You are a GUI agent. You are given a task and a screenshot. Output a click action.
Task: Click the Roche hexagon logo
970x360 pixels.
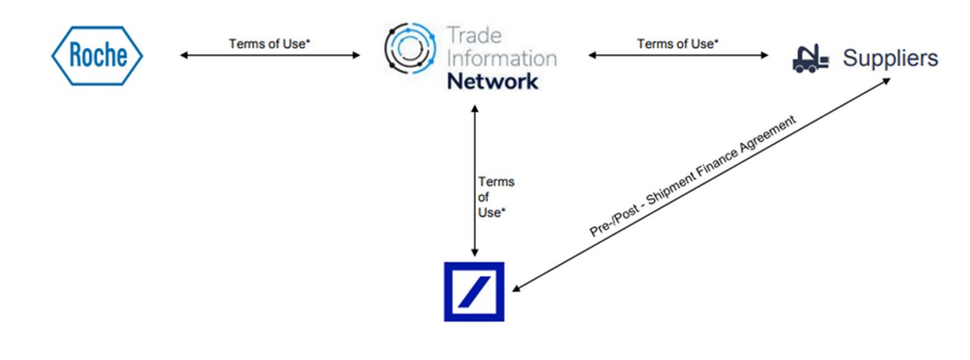tap(96, 55)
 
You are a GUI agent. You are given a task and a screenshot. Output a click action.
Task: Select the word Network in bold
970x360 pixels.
tap(493, 81)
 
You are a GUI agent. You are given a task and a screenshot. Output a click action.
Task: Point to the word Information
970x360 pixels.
tap(501, 58)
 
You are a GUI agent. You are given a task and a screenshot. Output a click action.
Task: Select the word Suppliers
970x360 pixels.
tap(890, 58)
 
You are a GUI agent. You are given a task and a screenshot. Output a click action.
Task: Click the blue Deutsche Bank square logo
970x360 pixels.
tap(474, 292)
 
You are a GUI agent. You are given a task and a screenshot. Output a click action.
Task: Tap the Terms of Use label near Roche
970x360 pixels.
tap(270, 44)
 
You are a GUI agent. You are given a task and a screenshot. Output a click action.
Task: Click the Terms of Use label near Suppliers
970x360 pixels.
tap(676, 44)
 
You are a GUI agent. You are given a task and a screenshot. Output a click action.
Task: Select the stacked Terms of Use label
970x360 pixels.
tap(496, 197)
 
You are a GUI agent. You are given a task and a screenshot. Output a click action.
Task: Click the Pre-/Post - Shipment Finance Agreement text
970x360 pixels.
tap(695, 179)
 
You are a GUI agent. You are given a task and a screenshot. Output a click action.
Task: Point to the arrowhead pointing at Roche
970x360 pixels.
tap(184, 55)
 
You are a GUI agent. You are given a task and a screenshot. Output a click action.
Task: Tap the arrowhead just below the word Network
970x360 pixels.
tap(474, 108)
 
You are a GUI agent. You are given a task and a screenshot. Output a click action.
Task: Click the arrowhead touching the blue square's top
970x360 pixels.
tap(474, 253)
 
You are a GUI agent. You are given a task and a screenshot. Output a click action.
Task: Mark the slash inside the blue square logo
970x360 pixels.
tap(474, 292)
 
